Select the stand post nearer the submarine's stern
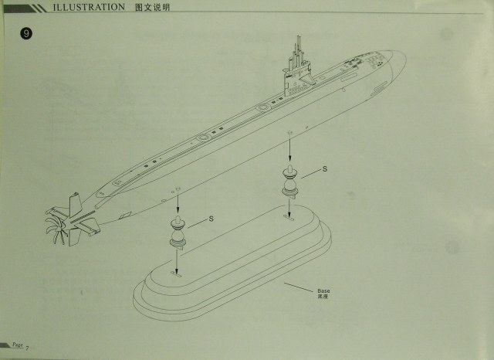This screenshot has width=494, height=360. [177, 233]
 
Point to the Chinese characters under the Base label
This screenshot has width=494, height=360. [322, 296]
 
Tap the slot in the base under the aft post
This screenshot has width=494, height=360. [177, 273]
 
